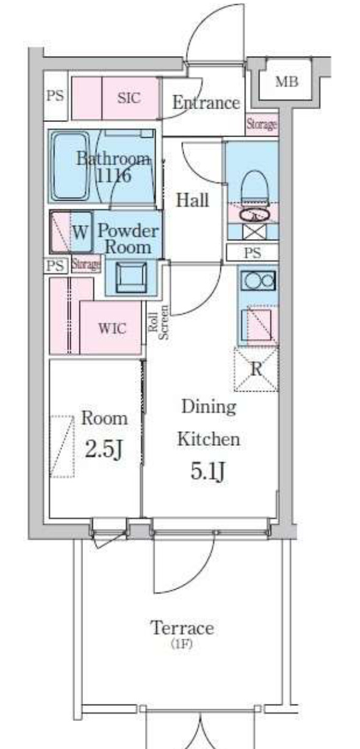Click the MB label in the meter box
pos(286,82)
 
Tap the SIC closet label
pos(129,98)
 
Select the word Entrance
pos(206,102)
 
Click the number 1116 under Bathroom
pos(113,176)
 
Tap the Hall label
pos(192,200)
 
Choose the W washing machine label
pos(81,231)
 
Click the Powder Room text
pos(128,238)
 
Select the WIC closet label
pos(112,328)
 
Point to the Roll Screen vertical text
pos(158,322)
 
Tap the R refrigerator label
pos(256,369)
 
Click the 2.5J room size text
pos(103,449)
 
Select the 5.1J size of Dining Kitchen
pos(207,470)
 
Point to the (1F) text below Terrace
pos(182,644)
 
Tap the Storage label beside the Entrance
pos(262,124)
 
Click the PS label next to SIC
pos(55,96)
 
